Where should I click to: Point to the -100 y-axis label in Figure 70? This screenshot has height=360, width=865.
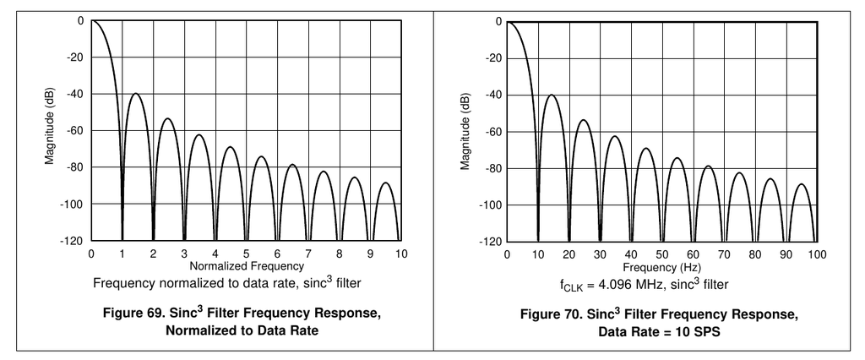pyautogui.click(x=490, y=205)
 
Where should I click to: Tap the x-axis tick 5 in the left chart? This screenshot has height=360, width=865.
pyautogui.click(x=247, y=254)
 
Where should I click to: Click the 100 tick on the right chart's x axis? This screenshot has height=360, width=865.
pyautogui.click(x=817, y=254)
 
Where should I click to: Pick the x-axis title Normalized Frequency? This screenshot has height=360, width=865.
pyautogui.click(x=246, y=265)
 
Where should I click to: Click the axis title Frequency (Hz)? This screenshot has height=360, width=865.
pyautogui.click(x=661, y=265)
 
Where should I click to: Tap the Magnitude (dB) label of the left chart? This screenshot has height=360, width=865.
pyautogui.click(x=51, y=130)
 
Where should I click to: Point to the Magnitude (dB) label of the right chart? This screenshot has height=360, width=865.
pyautogui.click(x=465, y=130)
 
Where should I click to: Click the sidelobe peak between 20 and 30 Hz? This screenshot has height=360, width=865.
pyautogui.click(x=583, y=119)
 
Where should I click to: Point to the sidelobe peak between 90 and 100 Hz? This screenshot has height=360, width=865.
pyautogui.click(x=801, y=183)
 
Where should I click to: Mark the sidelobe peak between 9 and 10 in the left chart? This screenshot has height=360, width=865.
pyautogui.click(x=385, y=183)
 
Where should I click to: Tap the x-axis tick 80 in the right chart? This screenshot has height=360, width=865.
pyautogui.click(x=755, y=254)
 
